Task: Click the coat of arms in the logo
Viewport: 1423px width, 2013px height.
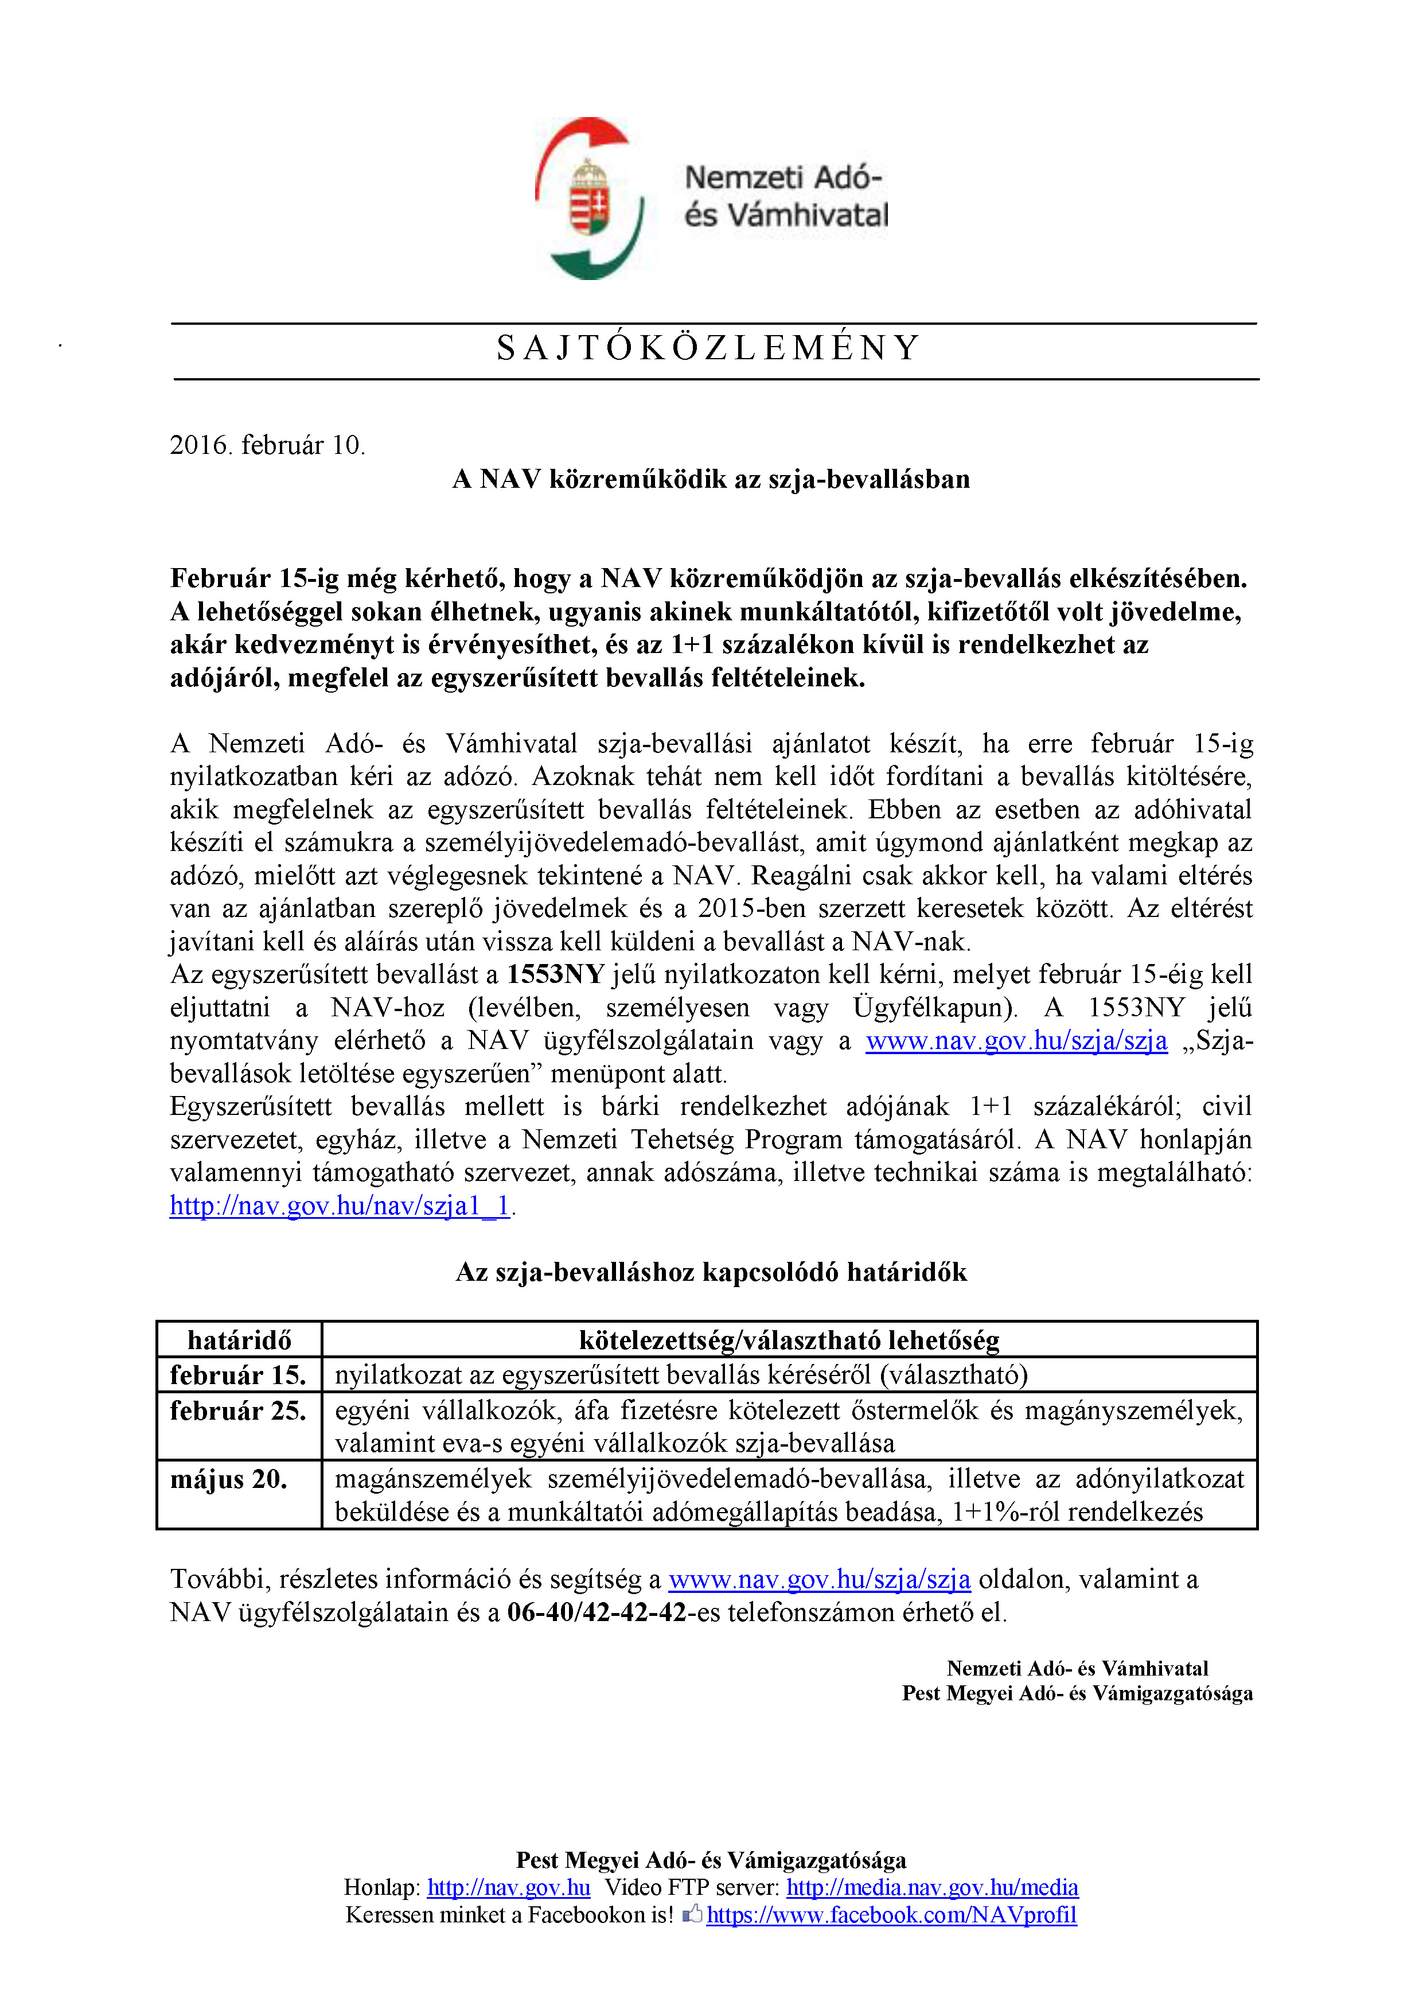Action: tap(589, 198)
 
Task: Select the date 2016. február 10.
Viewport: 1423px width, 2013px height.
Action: tap(267, 445)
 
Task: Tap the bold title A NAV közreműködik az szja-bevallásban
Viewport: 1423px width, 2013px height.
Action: tap(711, 480)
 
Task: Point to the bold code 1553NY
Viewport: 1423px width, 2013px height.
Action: tap(556, 974)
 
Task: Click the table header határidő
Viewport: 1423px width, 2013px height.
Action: tap(239, 1340)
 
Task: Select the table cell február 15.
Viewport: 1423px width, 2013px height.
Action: tap(239, 1375)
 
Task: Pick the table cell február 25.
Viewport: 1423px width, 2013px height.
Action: tap(239, 1410)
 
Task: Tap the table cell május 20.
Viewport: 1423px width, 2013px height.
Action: tap(229, 1479)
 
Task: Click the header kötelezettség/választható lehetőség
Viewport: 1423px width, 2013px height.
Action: tap(789, 1340)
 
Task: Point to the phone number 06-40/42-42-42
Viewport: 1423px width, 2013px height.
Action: tap(597, 1612)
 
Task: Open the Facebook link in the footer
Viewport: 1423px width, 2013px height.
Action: tap(891, 1915)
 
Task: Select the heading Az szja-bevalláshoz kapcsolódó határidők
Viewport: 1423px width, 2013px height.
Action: tap(711, 1272)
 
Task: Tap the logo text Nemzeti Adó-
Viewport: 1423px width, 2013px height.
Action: tap(782, 178)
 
